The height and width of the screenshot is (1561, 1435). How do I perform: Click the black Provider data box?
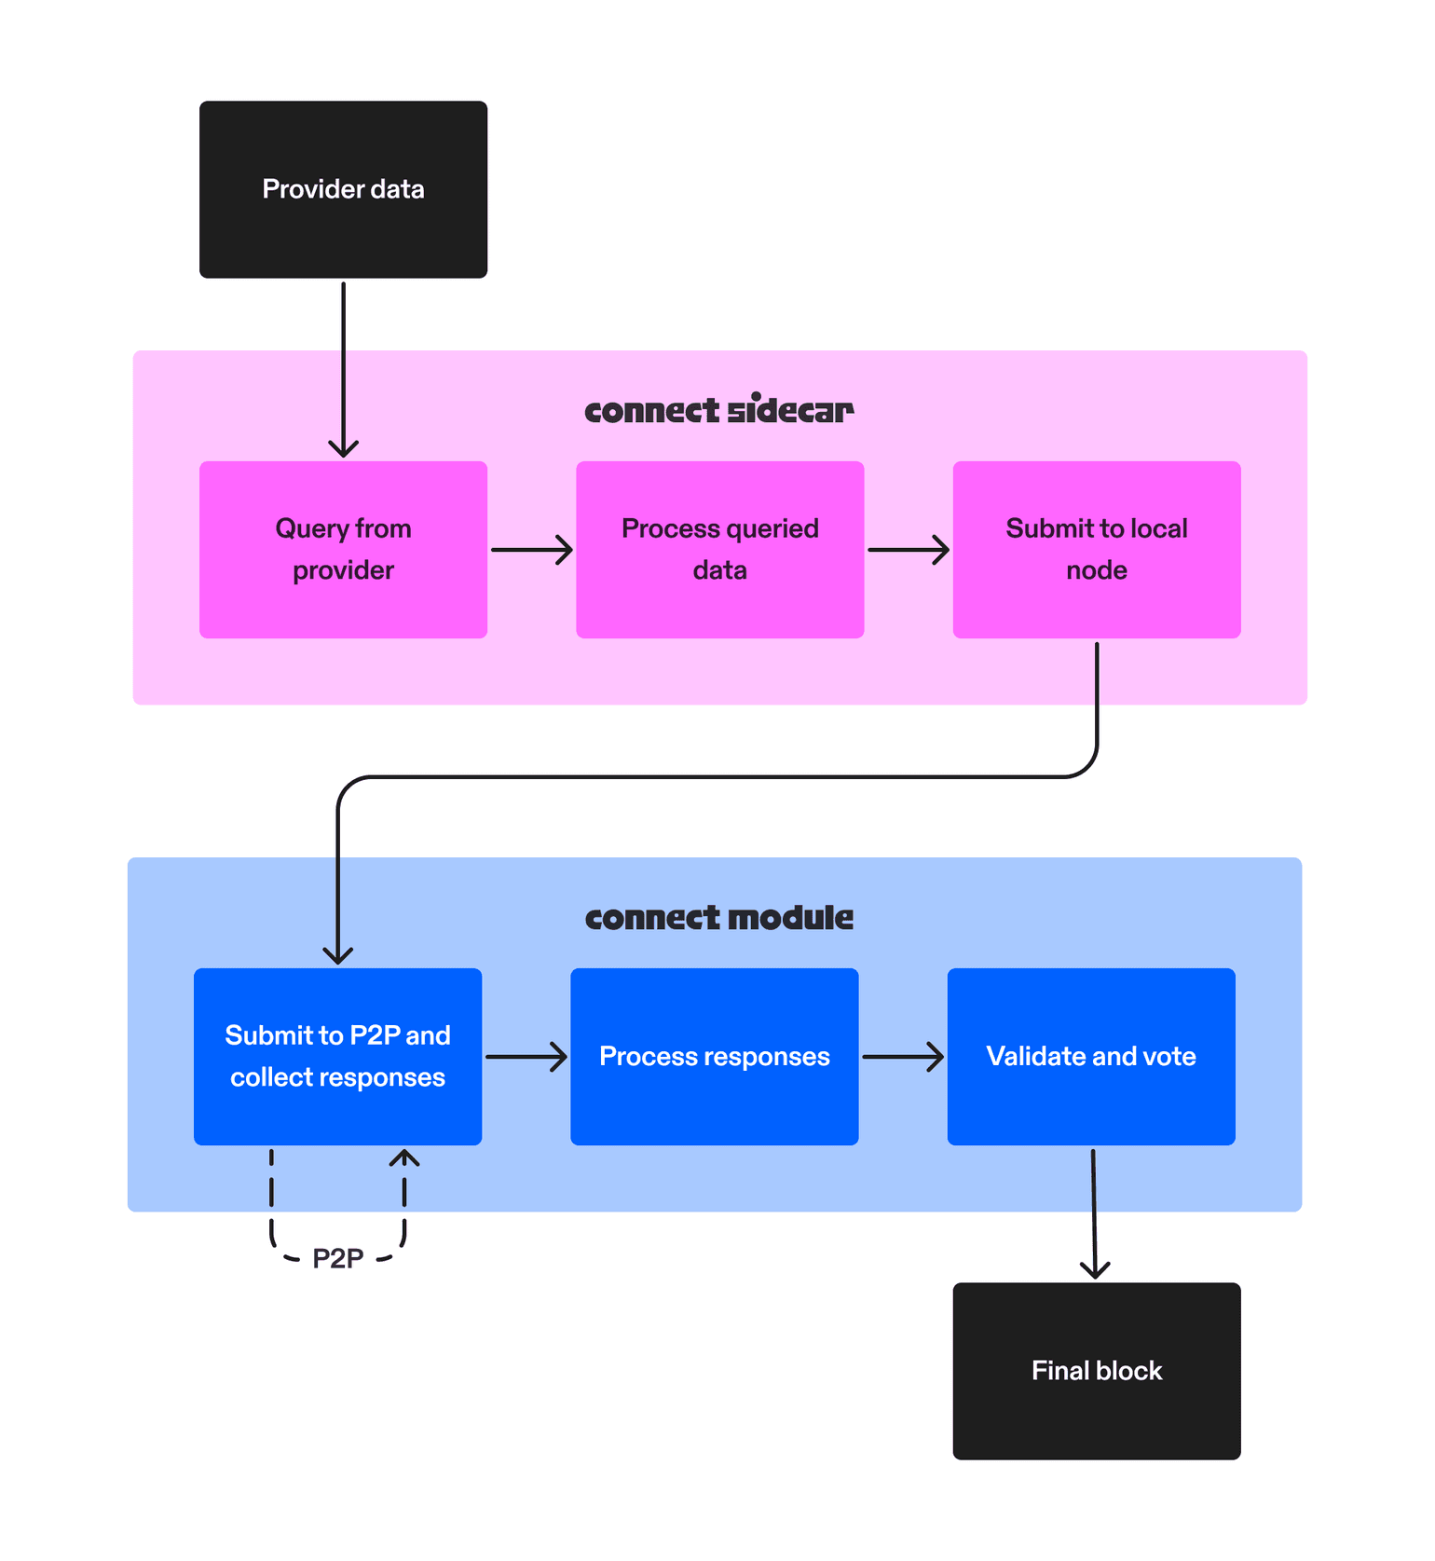pyautogui.click(x=343, y=189)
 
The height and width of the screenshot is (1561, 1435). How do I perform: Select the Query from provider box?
pyautogui.click(x=343, y=549)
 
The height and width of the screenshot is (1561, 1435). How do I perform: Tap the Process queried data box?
pyautogui.click(x=719, y=549)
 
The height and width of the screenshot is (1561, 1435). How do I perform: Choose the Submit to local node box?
pyautogui.click(x=1096, y=549)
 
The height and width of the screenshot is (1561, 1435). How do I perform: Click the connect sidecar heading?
pyautogui.click(x=718, y=410)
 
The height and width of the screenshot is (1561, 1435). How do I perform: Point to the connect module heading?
pyautogui.click(x=718, y=918)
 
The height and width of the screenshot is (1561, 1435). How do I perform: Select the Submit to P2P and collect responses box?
pyautogui.click(x=337, y=1056)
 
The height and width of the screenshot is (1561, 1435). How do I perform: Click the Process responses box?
pyautogui.click(x=714, y=1056)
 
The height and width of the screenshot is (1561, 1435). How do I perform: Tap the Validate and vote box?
pyautogui.click(x=1090, y=1056)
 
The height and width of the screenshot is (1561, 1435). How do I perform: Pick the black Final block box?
pyautogui.click(x=1096, y=1370)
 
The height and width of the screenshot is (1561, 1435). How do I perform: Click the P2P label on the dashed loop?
pyautogui.click(x=337, y=1259)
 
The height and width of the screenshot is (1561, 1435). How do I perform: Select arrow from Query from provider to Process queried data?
pyautogui.click(x=531, y=550)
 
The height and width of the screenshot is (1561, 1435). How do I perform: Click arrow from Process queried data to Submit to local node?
pyautogui.click(x=908, y=550)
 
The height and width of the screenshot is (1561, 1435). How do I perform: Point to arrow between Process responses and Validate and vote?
pyautogui.click(x=902, y=1057)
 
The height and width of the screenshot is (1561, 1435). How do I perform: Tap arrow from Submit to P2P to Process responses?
pyautogui.click(x=526, y=1057)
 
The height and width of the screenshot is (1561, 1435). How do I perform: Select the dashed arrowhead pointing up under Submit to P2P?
pyautogui.click(x=404, y=1158)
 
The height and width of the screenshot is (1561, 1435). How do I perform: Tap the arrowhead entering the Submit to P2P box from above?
pyautogui.click(x=337, y=955)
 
